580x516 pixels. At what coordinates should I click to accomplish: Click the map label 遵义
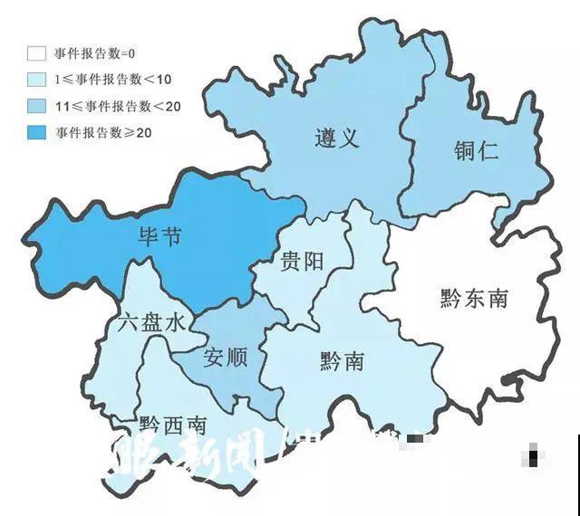[x=338, y=138]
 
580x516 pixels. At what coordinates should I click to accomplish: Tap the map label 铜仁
[x=476, y=151]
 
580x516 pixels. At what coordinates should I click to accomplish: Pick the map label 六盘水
[x=150, y=323]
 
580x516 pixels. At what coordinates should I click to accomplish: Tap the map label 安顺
[x=226, y=357]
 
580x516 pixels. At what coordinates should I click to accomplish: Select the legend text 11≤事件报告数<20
[x=117, y=107]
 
